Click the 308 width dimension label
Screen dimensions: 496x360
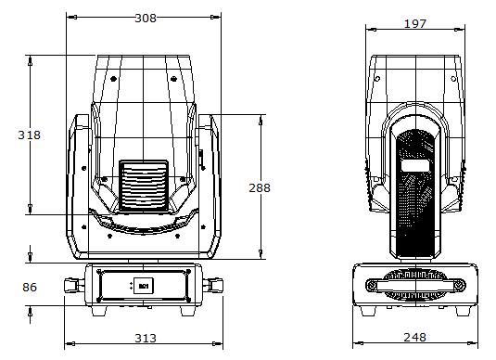pyautogui.click(x=146, y=18)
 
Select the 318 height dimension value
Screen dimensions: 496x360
pyautogui.click(x=30, y=135)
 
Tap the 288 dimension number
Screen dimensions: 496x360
pyautogui.click(x=260, y=188)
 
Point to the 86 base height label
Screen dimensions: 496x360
pyautogui.click(x=30, y=288)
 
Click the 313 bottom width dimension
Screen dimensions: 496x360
pyautogui.click(x=146, y=338)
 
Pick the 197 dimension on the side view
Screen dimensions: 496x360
pyautogui.click(x=415, y=24)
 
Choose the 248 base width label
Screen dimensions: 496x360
pyautogui.click(x=415, y=337)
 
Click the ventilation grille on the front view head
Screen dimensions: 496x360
pyautogui.click(x=144, y=186)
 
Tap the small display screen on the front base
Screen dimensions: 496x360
pyautogui.click(x=144, y=286)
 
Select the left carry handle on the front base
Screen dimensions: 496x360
pyautogui.click(x=75, y=285)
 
